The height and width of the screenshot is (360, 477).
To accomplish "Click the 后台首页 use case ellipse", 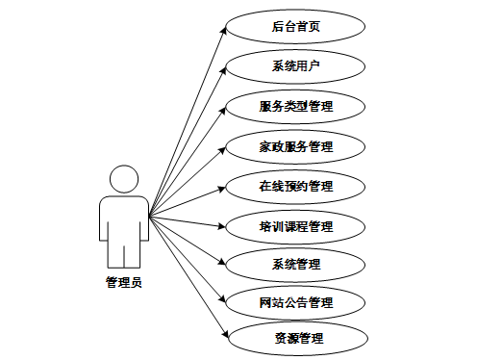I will coord(295,26).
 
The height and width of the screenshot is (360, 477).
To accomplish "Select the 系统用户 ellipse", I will coord(295,66).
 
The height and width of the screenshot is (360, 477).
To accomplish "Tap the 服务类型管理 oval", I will coord(295,106).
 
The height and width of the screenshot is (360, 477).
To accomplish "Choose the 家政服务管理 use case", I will coord(295,146).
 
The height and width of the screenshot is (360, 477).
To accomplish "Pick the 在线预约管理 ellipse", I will coord(295,186).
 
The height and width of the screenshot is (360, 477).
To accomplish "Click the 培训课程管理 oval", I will coord(295,226).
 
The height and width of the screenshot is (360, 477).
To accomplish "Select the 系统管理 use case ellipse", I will coord(295,264).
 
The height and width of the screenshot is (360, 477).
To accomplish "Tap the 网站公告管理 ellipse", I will coord(295,302).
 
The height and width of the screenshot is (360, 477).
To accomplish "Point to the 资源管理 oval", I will coord(295,338).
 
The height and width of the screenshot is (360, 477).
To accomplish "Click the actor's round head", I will coord(124,179).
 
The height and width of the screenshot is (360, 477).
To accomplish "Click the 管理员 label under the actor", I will coord(124,282).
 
